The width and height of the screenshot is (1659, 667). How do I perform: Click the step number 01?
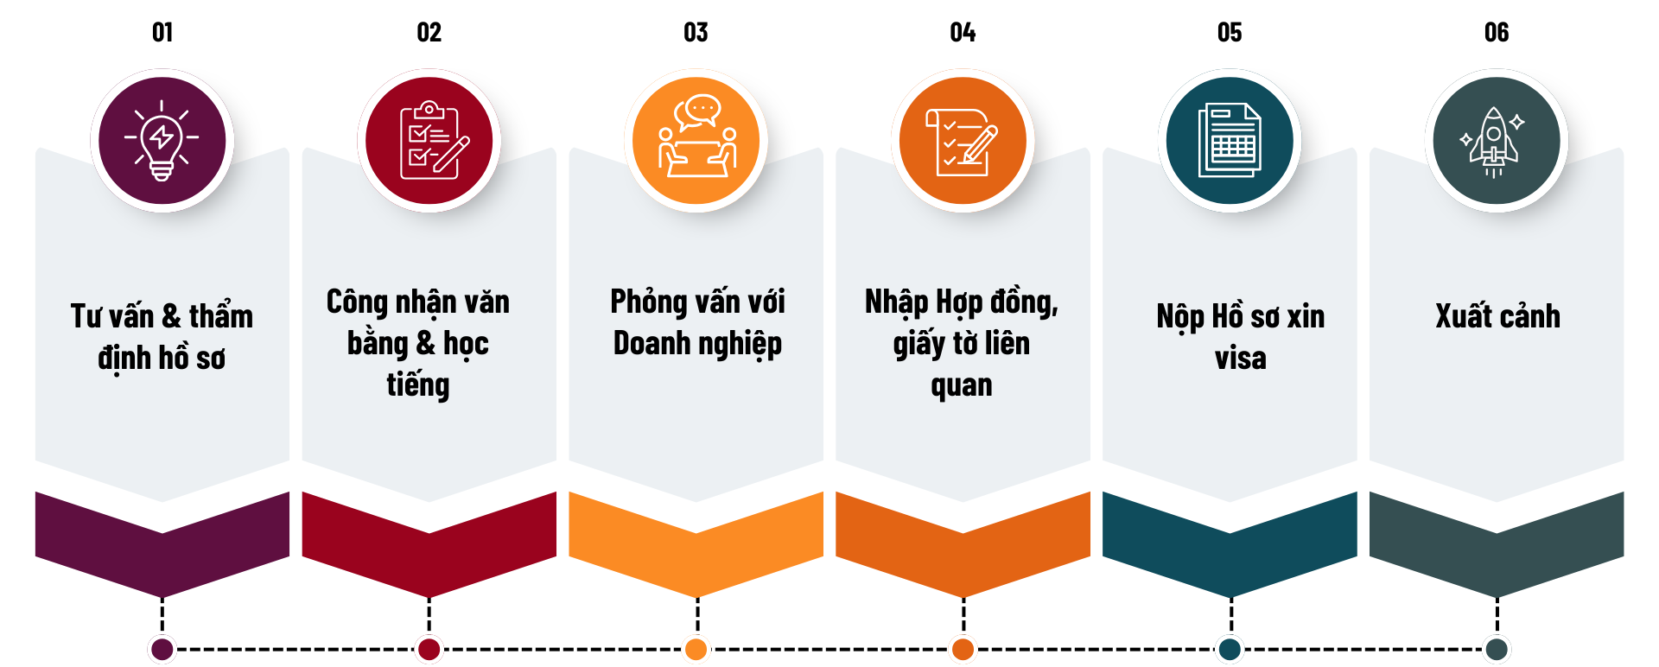(x=162, y=33)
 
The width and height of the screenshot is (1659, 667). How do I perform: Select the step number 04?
(x=963, y=33)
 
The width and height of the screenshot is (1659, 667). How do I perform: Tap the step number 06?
(x=1497, y=33)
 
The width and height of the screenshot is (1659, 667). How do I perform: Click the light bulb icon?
(x=162, y=140)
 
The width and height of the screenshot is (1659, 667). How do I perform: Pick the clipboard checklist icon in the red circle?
(x=430, y=140)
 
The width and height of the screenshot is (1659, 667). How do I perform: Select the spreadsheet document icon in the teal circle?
(x=1230, y=140)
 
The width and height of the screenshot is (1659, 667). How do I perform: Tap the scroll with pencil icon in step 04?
(x=963, y=142)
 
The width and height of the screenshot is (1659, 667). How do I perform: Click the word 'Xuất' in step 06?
(x=1463, y=316)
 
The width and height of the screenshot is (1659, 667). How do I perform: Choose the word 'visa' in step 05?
(x=1240, y=358)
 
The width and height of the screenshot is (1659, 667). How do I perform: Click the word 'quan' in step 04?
(x=962, y=386)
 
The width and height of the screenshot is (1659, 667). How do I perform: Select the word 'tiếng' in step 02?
(x=418, y=385)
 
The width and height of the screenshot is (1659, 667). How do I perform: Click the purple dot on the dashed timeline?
(x=162, y=649)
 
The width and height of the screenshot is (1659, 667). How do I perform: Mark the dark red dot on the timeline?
(x=429, y=649)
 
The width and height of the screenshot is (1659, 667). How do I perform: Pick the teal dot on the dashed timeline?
(x=1230, y=649)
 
